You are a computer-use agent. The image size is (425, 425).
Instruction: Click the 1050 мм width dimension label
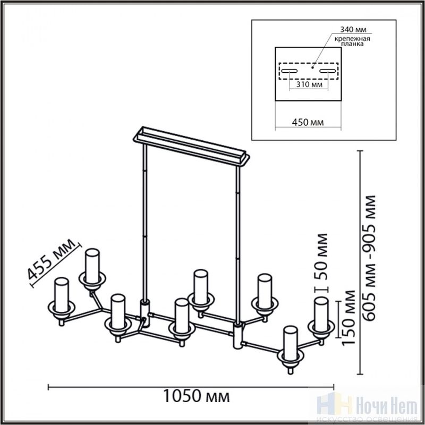[196, 396]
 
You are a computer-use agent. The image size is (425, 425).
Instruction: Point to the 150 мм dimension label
[348, 318]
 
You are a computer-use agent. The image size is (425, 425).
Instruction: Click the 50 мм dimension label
[321, 256]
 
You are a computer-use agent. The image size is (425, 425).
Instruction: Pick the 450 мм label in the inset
[308, 122]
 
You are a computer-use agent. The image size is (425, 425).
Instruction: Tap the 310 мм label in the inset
[309, 84]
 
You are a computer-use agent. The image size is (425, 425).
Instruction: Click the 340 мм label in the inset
[353, 29]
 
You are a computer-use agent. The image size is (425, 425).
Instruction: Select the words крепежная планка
[352, 41]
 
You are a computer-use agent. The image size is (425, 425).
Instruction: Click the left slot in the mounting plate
[289, 71]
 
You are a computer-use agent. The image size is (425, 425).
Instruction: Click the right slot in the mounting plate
[328, 71]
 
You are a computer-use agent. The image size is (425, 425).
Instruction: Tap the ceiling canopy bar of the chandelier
[191, 146]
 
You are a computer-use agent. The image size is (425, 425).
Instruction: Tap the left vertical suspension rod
[145, 222]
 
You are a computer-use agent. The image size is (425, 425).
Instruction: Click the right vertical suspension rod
[238, 244]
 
